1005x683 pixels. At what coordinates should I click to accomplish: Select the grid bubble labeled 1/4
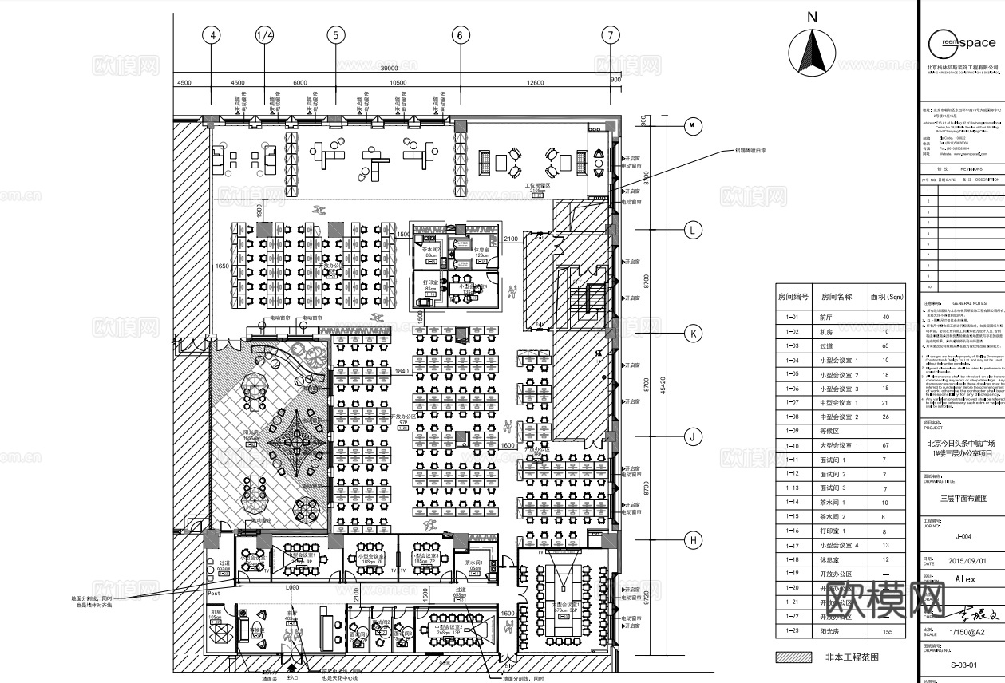pos(264,35)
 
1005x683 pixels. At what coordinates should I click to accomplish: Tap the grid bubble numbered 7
pos(611,35)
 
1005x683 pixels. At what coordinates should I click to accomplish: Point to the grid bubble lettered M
pos(694,125)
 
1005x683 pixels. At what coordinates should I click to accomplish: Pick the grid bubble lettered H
pos(694,541)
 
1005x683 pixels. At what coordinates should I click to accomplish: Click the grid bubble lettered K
pos(694,334)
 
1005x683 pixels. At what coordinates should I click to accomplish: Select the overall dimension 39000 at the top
pos(389,69)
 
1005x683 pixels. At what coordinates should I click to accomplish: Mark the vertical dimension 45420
pos(663,384)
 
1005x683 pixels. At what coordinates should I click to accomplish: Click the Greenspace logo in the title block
pos(962,43)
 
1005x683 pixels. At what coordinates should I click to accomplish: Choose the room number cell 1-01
pos(793,318)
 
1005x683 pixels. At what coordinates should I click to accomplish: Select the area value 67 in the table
pos(884,446)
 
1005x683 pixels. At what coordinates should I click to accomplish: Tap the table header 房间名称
pos(836,297)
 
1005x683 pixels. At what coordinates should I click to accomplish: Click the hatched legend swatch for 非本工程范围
pos(794,658)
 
